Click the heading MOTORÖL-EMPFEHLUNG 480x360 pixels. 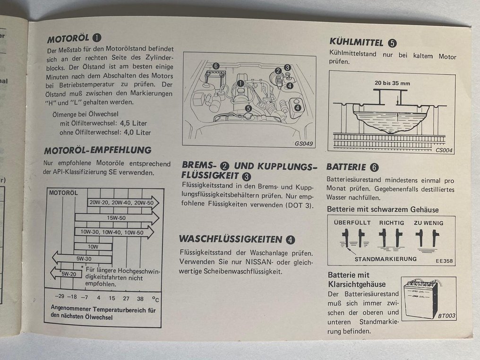click(x=97, y=150)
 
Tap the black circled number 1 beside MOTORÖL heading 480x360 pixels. click(x=96, y=38)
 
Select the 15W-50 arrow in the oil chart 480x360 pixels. click(x=116, y=218)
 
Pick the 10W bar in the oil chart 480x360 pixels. click(x=93, y=246)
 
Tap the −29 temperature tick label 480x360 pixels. click(x=59, y=298)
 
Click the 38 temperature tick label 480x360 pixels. click(x=140, y=298)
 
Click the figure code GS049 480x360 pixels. click(x=304, y=144)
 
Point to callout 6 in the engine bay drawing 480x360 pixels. click(x=216, y=66)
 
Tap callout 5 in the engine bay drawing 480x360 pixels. click(x=248, y=108)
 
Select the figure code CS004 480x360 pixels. click(x=445, y=151)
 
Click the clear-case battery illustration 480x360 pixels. click(x=421, y=298)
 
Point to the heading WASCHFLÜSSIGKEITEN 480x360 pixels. click(x=231, y=239)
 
